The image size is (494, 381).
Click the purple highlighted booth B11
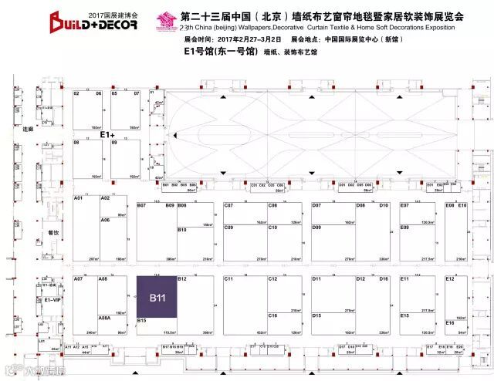(x=157, y=295)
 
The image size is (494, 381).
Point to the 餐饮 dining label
(x=53, y=232)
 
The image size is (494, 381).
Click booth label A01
(x=78, y=199)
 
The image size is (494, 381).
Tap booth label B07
(x=141, y=205)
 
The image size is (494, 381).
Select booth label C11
(x=228, y=278)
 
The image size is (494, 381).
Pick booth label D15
(x=316, y=315)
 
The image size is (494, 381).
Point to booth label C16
(x=272, y=315)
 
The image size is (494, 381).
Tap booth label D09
(x=316, y=228)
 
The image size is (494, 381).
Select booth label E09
(x=405, y=228)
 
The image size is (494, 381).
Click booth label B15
(x=141, y=319)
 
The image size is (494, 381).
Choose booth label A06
(x=105, y=220)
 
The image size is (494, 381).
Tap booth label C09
(x=228, y=228)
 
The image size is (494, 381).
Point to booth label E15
(x=405, y=315)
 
